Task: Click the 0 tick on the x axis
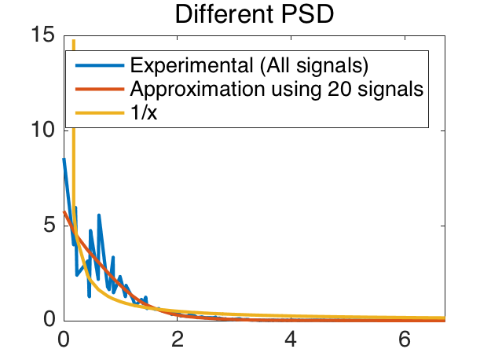(64, 340)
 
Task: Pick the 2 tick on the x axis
(178, 340)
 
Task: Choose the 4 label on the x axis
(291, 340)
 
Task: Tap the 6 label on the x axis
(405, 340)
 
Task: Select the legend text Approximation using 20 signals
(277, 89)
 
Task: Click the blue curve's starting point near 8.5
(64, 160)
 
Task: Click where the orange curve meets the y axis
(64, 212)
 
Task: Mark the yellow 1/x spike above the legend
(73, 44)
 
